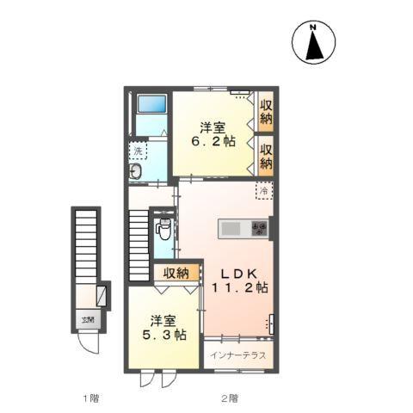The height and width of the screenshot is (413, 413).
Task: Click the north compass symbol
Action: (x=312, y=43)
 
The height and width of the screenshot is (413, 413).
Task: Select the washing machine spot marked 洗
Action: (x=138, y=151)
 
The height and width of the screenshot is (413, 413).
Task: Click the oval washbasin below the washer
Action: (x=135, y=173)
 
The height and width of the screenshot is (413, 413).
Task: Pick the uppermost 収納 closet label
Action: (x=266, y=111)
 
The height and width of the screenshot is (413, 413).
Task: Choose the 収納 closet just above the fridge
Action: (x=266, y=155)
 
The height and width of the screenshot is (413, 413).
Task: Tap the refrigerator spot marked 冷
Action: (x=265, y=190)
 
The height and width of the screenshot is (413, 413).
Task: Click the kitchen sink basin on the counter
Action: (x=231, y=228)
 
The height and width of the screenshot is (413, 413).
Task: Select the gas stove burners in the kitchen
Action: (x=259, y=228)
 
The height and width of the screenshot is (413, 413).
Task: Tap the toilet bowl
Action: (x=163, y=229)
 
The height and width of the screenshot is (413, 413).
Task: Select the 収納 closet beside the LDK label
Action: (x=176, y=274)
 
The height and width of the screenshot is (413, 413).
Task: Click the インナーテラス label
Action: (x=238, y=354)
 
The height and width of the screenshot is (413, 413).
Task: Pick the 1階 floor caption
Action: (x=90, y=398)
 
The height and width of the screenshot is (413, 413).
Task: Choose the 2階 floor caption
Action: (x=227, y=398)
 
